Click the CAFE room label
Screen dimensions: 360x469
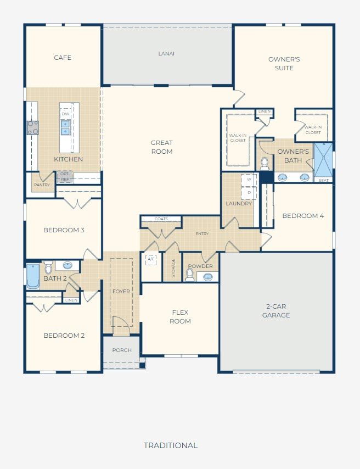click(63, 58)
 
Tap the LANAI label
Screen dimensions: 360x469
click(166, 53)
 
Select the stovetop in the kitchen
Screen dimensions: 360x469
click(32, 128)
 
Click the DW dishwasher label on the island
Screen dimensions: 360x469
click(65, 114)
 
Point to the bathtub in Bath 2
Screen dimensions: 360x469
click(33, 276)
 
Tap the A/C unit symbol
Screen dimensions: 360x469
click(151, 259)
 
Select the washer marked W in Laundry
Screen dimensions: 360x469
click(249, 180)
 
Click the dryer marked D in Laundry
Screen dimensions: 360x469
click(249, 193)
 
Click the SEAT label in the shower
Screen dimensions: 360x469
click(324, 180)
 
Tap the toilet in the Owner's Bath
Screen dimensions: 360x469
click(265, 164)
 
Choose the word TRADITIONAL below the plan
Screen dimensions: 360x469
click(171, 445)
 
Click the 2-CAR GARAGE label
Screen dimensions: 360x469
click(276, 311)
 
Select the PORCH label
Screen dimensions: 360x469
click(122, 350)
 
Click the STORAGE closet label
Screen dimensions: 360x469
click(173, 268)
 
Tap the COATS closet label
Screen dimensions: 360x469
click(161, 219)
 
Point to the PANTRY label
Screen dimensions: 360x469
click(42, 185)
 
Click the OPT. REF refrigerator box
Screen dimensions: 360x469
click(65, 176)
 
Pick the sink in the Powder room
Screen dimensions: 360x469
click(208, 277)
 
